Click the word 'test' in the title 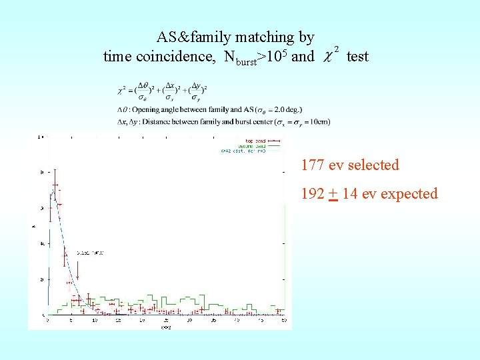tap(357, 57)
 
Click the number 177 tap(313, 165)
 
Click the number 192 tap(313, 194)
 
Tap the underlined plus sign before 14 tap(333, 194)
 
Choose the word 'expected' tap(407, 194)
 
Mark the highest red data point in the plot tap(55, 185)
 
